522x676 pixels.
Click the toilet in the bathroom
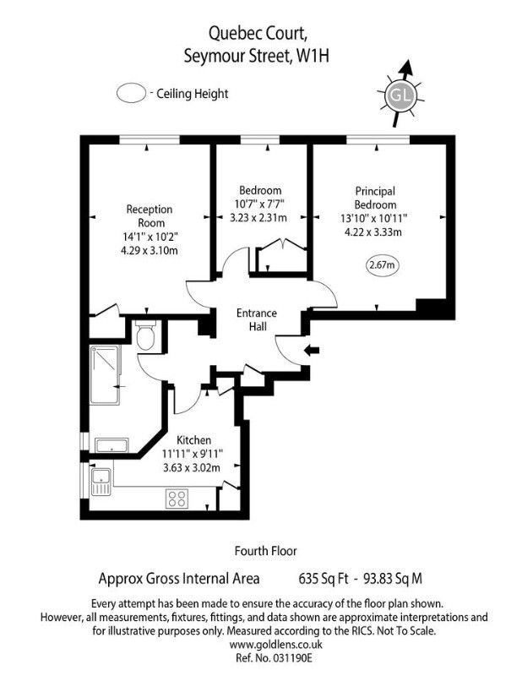point(145,335)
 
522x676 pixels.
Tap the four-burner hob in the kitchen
point(177,499)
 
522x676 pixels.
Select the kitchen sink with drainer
point(101,482)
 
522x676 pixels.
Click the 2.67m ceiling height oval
point(383,264)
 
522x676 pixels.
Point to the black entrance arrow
point(312,350)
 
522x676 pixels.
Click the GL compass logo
point(400,94)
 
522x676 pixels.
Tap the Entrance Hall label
point(257,320)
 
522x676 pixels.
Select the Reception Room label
point(150,216)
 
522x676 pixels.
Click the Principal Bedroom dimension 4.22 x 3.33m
point(373,232)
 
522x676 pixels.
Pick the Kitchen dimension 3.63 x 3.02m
point(192,467)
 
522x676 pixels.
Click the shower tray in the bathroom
point(105,374)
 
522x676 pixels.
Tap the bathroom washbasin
point(111,445)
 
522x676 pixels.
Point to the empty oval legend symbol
point(131,93)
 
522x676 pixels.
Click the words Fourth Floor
point(266,551)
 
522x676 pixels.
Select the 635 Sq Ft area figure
point(324,578)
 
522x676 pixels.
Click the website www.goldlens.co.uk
point(276,645)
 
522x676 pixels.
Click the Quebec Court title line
point(258,33)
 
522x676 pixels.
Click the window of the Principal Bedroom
point(378,139)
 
